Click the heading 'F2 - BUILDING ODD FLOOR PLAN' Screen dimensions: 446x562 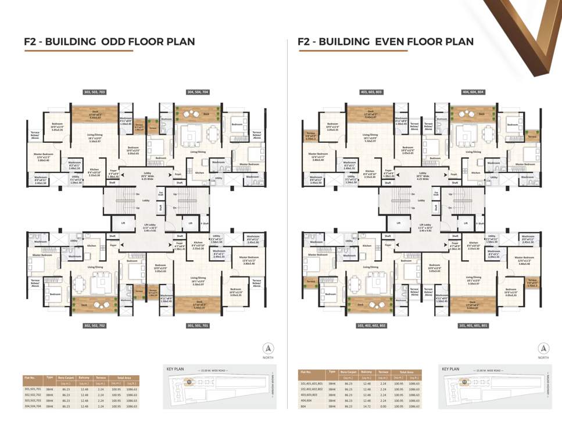click(x=109, y=41)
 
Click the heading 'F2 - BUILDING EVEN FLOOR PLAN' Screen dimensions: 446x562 click(x=385, y=41)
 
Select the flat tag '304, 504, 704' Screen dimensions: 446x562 click(x=198, y=92)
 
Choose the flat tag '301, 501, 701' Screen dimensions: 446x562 click(x=198, y=325)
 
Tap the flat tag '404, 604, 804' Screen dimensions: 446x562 click(x=475, y=92)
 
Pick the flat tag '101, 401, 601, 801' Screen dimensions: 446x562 click(x=475, y=325)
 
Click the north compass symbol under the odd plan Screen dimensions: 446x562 click(x=269, y=348)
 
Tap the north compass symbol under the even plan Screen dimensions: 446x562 click(x=543, y=348)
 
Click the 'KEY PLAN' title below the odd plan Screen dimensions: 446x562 click(x=175, y=369)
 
